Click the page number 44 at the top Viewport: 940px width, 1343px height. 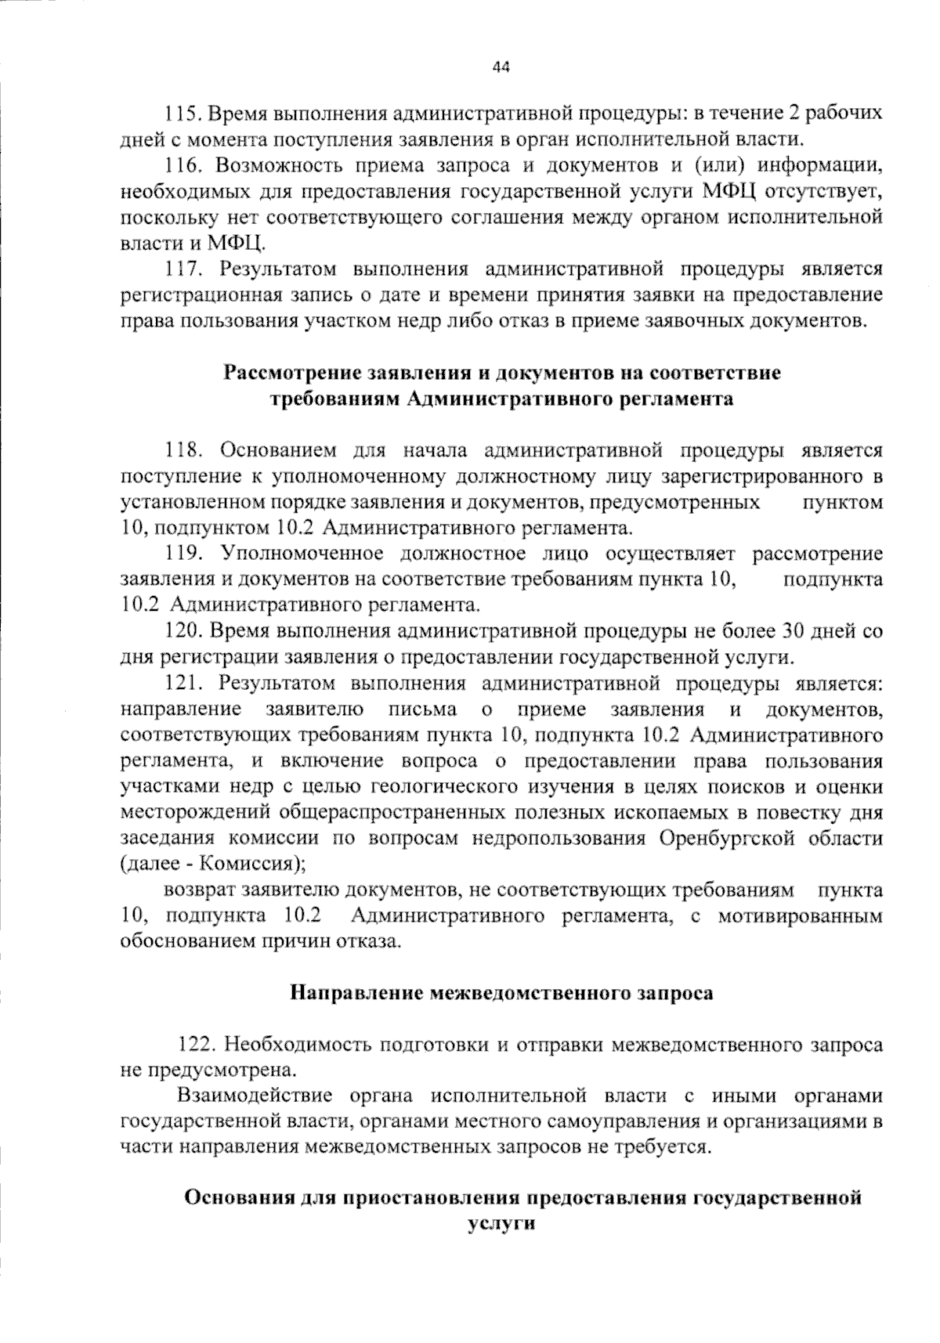pos(501,67)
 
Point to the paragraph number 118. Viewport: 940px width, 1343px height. pos(183,450)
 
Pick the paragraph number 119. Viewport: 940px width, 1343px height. pos(183,554)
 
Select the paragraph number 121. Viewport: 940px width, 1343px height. pos(183,684)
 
